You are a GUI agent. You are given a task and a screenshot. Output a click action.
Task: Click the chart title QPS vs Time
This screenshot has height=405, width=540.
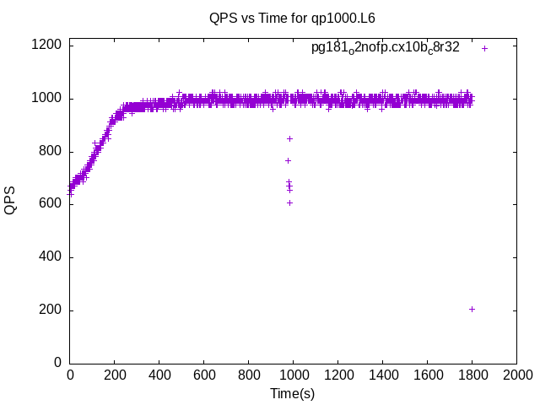(x=292, y=18)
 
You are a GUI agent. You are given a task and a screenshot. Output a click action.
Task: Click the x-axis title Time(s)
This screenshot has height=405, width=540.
(x=292, y=393)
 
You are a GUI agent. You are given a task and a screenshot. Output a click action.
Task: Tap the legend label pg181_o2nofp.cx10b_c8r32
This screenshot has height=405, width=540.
(x=386, y=48)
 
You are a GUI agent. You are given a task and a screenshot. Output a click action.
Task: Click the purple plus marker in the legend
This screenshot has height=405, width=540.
(x=484, y=48)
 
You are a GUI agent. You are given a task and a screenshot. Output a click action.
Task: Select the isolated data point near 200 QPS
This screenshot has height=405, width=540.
(x=472, y=309)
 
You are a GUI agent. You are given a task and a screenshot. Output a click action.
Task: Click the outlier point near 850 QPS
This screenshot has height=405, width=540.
(x=289, y=138)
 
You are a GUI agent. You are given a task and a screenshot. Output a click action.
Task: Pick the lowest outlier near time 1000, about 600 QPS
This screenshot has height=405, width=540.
(x=289, y=202)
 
